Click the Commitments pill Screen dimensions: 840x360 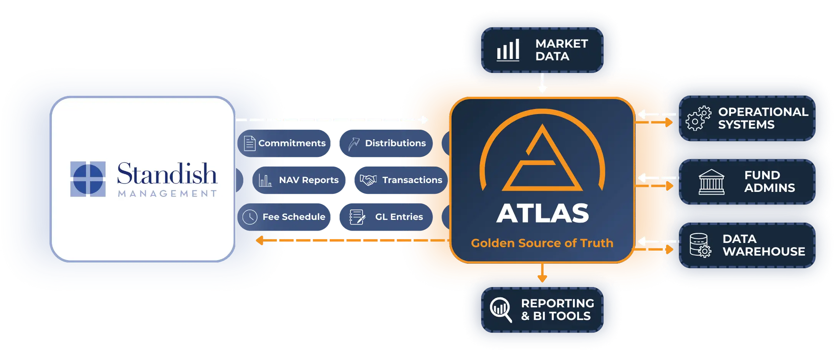[284, 143]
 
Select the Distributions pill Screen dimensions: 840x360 [386, 143]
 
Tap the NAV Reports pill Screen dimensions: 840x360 [299, 180]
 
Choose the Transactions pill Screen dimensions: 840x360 [401, 180]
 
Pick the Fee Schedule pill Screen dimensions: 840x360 [284, 217]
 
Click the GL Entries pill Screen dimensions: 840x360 [386, 217]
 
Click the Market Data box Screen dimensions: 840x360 [542, 50]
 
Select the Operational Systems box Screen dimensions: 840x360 [747, 118]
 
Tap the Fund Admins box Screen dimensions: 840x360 [747, 182]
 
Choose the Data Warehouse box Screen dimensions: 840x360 [747, 245]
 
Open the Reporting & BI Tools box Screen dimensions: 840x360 [542, 310]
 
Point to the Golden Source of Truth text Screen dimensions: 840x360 [542, 243]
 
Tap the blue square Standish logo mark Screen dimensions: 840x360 [88, 179]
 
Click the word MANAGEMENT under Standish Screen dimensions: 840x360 [167, 193]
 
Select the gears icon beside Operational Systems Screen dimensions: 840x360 [698, 118]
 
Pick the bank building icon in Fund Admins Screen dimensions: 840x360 [711, 182]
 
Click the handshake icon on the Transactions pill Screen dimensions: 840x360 [368, 180]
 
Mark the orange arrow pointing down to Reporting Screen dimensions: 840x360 [542, 272]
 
